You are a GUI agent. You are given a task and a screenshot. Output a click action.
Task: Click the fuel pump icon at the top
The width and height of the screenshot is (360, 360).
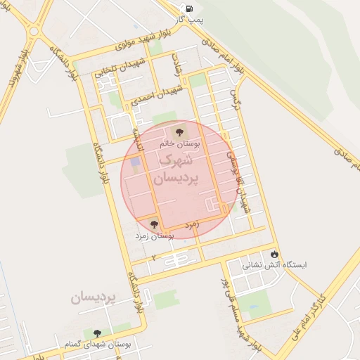188,8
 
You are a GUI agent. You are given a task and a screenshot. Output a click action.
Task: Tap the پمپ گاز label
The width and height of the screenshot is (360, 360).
188,20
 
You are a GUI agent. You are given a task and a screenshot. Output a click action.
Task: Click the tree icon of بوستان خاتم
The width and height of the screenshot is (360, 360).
178,131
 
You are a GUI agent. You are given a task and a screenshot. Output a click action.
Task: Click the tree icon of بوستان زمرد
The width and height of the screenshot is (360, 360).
155,224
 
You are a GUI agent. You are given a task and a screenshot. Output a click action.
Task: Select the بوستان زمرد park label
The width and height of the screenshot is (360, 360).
155,236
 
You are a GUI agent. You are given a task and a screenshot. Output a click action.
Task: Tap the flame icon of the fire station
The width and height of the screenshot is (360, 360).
274,254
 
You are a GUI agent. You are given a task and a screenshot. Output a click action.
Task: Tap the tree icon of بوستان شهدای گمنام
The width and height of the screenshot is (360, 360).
97,333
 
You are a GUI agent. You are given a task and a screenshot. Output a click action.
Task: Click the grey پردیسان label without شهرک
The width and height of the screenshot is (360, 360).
92,298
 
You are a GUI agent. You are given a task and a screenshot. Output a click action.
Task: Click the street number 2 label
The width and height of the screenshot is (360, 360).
153,258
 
